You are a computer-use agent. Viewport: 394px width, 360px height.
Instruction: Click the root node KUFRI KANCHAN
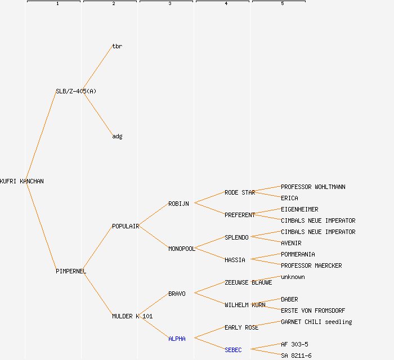point(21,181)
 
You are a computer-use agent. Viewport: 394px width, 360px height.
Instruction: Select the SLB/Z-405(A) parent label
point(76,91)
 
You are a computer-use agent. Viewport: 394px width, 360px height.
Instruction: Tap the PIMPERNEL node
point(71,271)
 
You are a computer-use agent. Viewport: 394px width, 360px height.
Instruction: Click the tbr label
point(117,46)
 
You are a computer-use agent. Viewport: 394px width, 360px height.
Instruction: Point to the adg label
point(117,136)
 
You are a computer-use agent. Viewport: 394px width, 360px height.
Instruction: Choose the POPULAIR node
point(126,226)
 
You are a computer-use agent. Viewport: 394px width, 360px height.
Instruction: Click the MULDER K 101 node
point(132,316)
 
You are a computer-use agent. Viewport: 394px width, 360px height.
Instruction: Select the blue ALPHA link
point(177,339)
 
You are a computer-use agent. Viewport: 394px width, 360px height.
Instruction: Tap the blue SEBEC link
point(233,350)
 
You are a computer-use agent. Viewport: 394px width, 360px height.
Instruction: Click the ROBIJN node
point(178,204)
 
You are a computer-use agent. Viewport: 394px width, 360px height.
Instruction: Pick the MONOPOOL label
point(182,249)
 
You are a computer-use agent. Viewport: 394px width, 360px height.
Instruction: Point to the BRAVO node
point(177,294)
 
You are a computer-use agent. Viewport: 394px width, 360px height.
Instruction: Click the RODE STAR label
point(240,192)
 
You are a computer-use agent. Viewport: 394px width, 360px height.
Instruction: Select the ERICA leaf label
point(289,198)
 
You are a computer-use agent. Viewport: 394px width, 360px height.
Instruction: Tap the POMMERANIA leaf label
point(298,254)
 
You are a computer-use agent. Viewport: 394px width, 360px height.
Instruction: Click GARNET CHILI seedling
point(316,322)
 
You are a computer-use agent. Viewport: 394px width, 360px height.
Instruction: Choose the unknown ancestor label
point(293,277)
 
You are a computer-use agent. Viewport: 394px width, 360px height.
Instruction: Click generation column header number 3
point(169,4)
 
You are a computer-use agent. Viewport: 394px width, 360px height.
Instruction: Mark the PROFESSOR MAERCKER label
point(311,265)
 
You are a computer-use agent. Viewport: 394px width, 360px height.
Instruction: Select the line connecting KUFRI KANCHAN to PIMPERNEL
point(41,226)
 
